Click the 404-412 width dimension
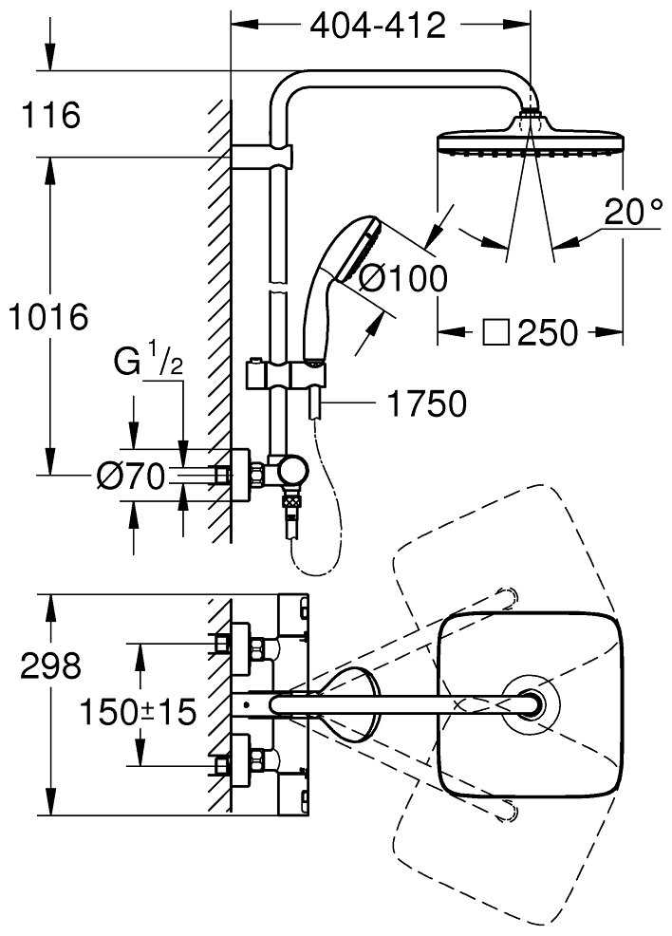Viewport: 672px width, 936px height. point(378,27)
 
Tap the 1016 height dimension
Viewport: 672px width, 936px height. point(47,315)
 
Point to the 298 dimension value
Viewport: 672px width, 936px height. point(50,666)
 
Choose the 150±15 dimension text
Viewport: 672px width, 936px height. point(137,711)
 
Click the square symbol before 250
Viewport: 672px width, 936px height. point(495,332)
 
